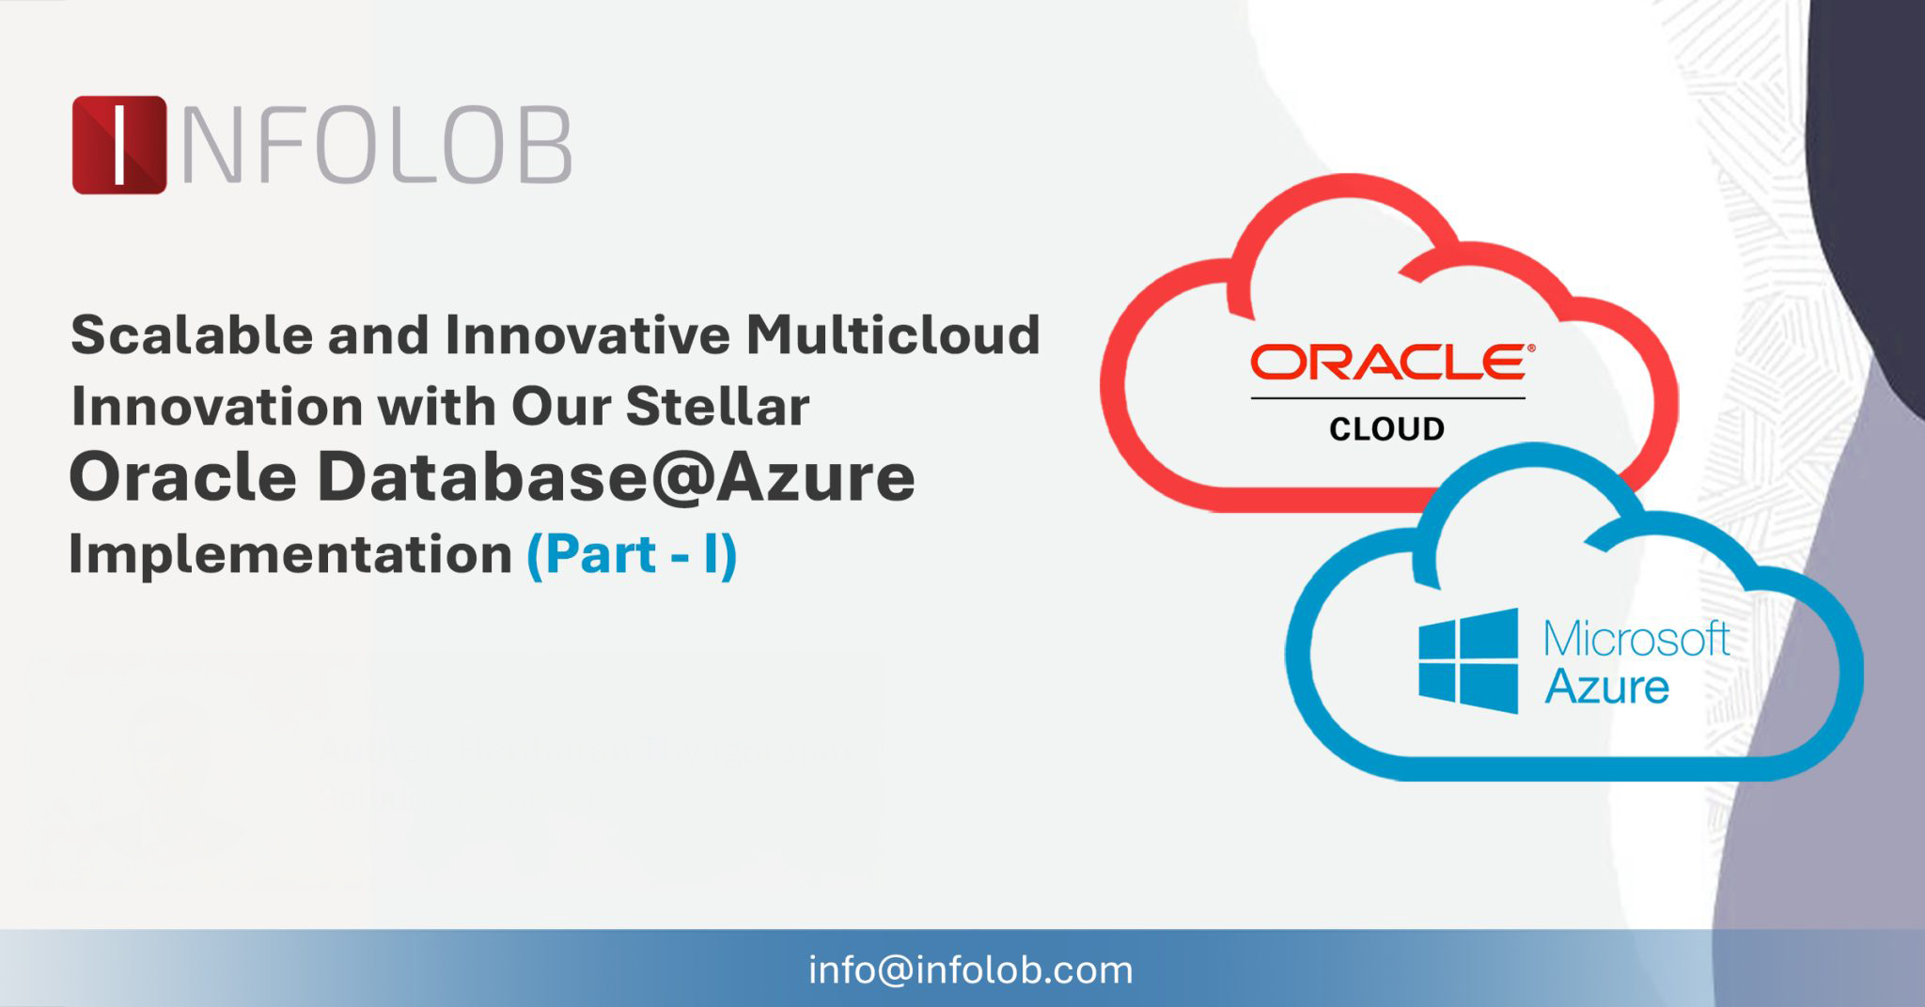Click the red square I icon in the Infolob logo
pyautogui.click(x=119, y=145)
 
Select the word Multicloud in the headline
pyautogui.click(x=893, y=334)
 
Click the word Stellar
pyautogui.click(x=717, y=407)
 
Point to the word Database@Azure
pyautogui.click(x=615, y=477)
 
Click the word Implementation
pyautogui.click(x=290, y=554)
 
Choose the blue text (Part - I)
pyautogui.click(x=632, y=554)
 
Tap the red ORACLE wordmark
pyautogui.click(x=1386, y=363)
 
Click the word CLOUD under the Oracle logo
pyautogui.click(x=1386, y=429)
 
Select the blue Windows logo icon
pyautogui.click(x=1468, y=660)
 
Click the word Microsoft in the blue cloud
pyautogui.click(x=1636, y=640)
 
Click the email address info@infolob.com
pyautogui.click(x=971, y=970)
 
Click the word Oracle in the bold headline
pyautogui.click(x=184, y=477)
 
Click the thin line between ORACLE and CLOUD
pyautogui.click(x=1387, y=398)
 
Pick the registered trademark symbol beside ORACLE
pyautogui.click(x=1531, y=348)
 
